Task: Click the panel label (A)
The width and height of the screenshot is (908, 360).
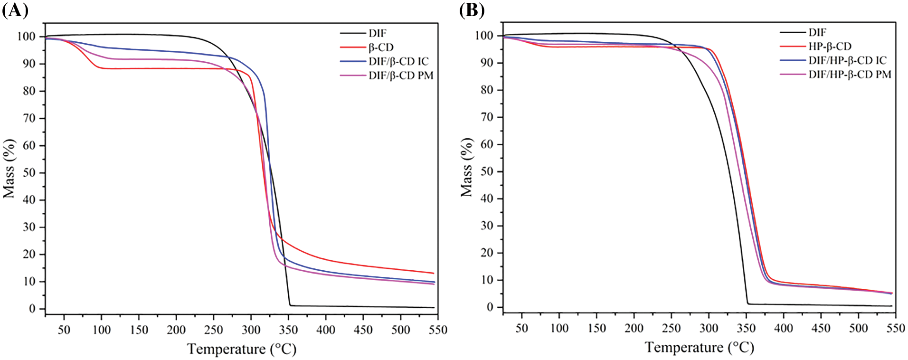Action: click(x=15, y=10)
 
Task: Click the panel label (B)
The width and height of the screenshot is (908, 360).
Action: click(x=472, y=10)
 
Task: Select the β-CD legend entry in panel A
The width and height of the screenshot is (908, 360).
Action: click(x=381, y=47)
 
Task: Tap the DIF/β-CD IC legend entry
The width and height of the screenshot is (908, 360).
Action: click(x=398, y=62)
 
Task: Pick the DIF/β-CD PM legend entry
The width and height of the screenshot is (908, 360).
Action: click(x=401, y=76)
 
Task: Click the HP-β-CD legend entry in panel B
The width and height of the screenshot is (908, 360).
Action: click(x=830, y=47)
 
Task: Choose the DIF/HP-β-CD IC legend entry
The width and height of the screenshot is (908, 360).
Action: click(x=847, y=60)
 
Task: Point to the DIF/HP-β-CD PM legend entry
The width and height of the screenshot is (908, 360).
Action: click(x=850, y=75)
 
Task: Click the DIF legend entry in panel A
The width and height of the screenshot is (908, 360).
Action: click(x=378, y=33)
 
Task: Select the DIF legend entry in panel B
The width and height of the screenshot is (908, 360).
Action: click(x=817, y=32)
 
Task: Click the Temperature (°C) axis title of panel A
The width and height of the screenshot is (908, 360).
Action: click(x=242, y=349)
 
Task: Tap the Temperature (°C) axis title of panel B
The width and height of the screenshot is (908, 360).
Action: click(x=700, y=347)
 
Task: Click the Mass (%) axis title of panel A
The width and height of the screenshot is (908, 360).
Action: click(x=9, y=169)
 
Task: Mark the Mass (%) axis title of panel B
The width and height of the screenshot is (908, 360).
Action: click(x=467, y=167)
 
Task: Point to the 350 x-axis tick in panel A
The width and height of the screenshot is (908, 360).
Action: click(x=289, y=330)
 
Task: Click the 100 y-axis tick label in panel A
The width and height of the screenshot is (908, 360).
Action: click(x=26, y=37)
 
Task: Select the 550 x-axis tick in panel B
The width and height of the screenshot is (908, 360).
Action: click(x=896, y=328)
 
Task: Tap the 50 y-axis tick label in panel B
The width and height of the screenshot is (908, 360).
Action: click(x=487, y=171)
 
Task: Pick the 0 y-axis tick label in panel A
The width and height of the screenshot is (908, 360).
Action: click(x=32, y=309)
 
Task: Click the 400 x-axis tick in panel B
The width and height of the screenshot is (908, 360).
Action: click(x=784, y=328)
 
